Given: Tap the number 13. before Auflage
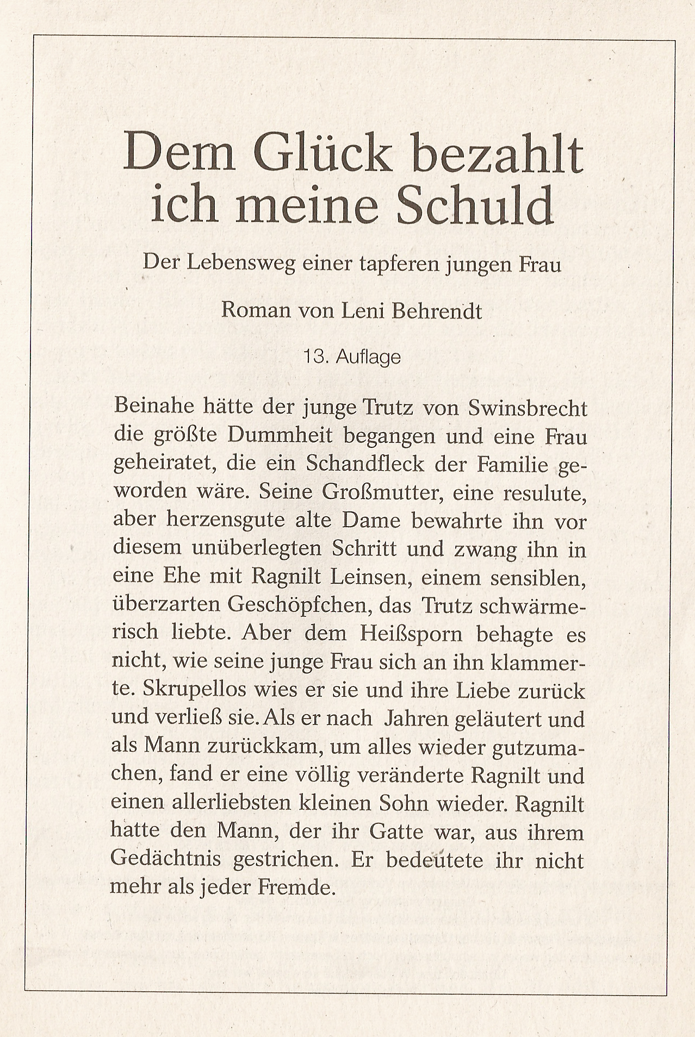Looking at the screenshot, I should coord(315,357).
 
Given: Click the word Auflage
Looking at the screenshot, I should coord(368,357).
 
